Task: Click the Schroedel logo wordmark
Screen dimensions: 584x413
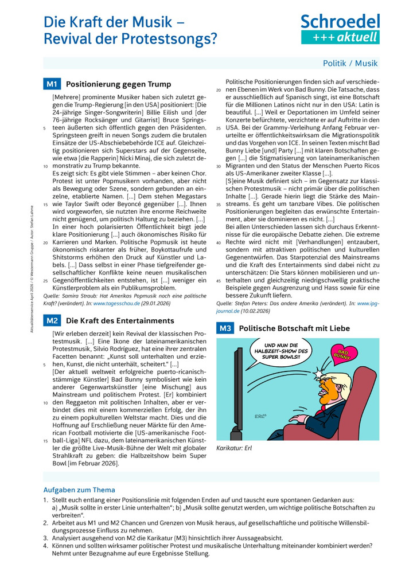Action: (x=341, y=21)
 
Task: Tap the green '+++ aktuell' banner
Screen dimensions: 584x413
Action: (x=341, y=37)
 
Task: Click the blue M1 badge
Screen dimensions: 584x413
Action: (x=51, y=84)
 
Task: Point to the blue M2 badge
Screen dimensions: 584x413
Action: (x=51, y=320)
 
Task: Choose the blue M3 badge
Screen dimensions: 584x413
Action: (x=224, y=328)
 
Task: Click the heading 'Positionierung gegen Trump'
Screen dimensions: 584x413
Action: (x=118, y=84)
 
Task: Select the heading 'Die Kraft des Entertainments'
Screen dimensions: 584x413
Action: (x=120, y=320)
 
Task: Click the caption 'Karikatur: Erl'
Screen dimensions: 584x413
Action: (x=234, y=448)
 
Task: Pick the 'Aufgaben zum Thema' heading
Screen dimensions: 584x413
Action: (x=79, y=490)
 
